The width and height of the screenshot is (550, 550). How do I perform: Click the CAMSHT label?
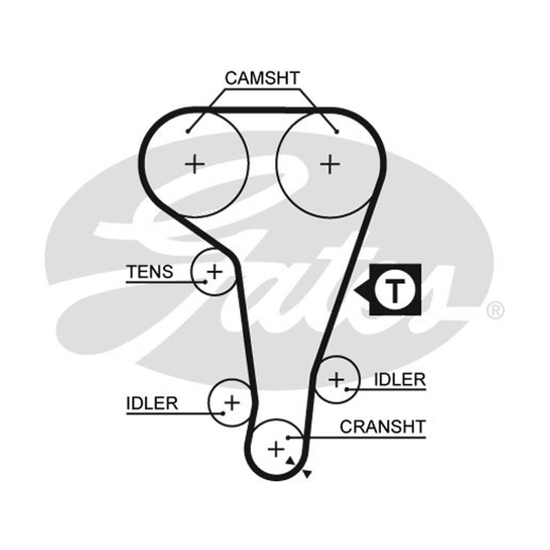point(263,78)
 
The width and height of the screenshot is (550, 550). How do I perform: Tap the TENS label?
point(150,272)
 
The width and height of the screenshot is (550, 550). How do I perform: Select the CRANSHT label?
point(383,427)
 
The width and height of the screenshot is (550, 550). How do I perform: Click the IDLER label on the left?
point(152,404)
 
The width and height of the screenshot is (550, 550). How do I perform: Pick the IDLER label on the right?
point(400,379)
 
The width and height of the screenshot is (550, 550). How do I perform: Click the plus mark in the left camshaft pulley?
point(195,164)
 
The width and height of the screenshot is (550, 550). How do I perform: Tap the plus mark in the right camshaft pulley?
point(330,164)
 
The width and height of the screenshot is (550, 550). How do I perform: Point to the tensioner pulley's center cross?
point(214,272)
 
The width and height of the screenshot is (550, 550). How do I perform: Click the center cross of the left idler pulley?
point(232,403)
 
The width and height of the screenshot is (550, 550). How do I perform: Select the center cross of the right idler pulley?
point(336,380)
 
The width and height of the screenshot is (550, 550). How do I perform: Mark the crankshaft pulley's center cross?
point(276,450)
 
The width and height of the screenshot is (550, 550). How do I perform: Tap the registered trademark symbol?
point(495,310)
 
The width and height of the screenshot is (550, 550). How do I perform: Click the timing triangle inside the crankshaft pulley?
point(290,461)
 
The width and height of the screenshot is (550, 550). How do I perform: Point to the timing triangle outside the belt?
point(307,474)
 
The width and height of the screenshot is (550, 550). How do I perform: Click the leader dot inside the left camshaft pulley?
point(188,131)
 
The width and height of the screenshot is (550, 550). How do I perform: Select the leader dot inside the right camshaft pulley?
point(337,132)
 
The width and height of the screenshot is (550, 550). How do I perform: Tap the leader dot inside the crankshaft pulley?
point(287,438)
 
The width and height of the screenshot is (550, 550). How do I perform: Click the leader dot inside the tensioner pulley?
point(205,282)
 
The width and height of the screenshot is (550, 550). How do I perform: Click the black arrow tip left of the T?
point(354,290)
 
